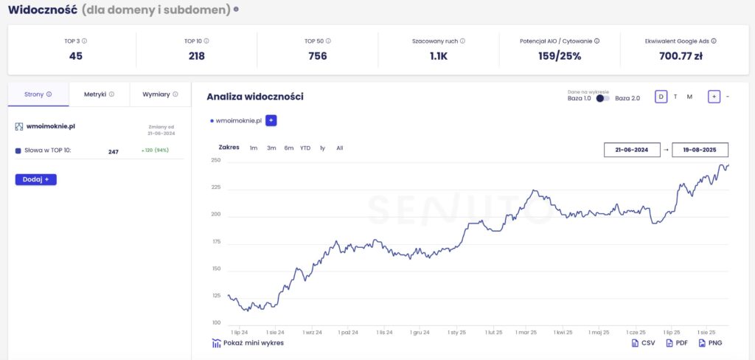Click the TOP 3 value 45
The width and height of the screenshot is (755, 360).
click(x=75, y=55)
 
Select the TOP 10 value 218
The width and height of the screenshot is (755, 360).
click(x=196, y=55)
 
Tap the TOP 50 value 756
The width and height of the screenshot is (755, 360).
click(x=318, y=55)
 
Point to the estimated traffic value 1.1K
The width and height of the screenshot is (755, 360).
click(x=439, y=55)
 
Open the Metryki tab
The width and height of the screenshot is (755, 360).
click(x=99, y=94)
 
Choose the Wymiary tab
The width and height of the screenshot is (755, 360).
click(x=160, y=94)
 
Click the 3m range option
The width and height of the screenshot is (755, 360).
click(x=271, y=148)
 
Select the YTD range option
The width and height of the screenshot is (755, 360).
click(x=305, y=148)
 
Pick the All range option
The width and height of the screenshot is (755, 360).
click(x=340, y=148)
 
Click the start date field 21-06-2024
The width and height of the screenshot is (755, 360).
click(x=631, y=150)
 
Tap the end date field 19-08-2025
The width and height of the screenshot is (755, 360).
click(x=700, y=150)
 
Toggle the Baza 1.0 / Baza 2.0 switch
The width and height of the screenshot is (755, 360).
click(x=603, y=98)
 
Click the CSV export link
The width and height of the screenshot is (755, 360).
click(x=644, y=343)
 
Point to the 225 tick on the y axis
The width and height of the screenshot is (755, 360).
click(x=215, y=187)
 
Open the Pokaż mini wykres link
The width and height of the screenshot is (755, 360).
click(x=248, y=343)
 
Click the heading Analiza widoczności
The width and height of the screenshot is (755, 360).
click(x=255, y=97)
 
